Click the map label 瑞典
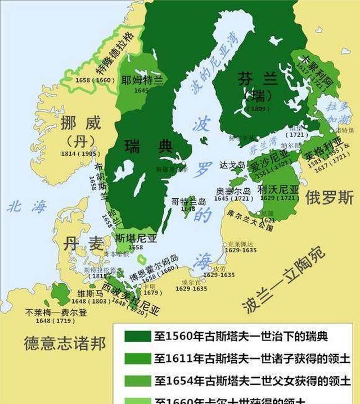pos(148,147)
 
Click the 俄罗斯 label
pos(330,197)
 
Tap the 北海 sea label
pos(25,207)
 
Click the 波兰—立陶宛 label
pos(284,279)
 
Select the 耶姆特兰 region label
pos(142,80)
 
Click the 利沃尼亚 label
pos(278,189)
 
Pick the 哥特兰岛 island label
pos(188,201)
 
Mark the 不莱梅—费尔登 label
pos(56,313)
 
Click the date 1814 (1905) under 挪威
pos(81,153)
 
